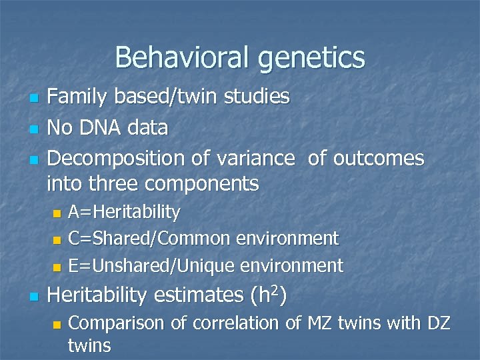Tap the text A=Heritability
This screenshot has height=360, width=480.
pyautogui.click(x=125, y=213)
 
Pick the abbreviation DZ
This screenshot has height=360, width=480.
pyautogui.click(x=438, y=323)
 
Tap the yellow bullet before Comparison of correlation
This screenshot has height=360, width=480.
pyautogui.click(x=57, y=325)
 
